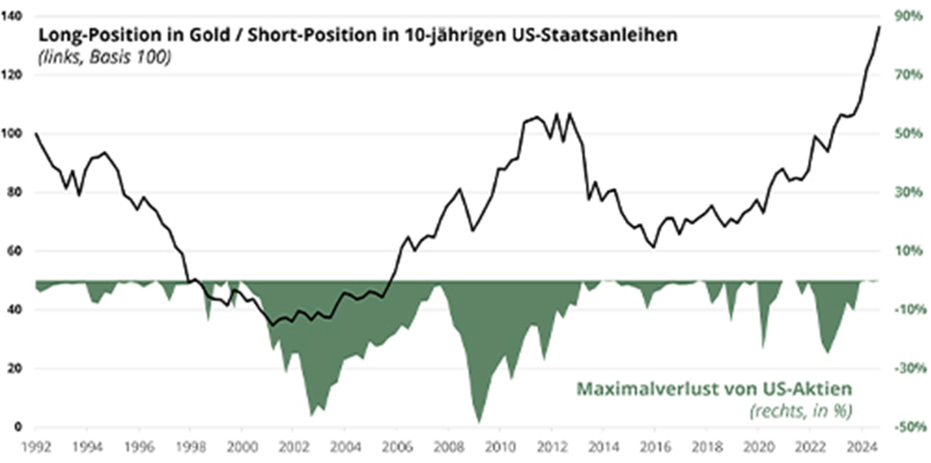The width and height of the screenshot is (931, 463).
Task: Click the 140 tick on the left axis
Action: click(x=14, y=17)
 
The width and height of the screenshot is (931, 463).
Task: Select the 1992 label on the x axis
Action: click(x=35, y=446)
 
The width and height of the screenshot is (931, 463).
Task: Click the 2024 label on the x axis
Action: click(x=863, y=446)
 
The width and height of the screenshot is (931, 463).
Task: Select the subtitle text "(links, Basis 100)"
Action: click(x=104, y=57)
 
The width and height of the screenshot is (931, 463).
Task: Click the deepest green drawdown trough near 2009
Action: click(x=479, y=422)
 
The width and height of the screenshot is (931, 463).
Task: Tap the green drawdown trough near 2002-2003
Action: click(x=311, y=414)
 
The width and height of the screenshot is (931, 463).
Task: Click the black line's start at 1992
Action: click(x=35, y=133)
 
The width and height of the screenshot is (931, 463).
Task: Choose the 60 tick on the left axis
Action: click(x=16, y=251)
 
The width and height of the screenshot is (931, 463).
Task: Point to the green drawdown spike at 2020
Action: click(x=763, y=347)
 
